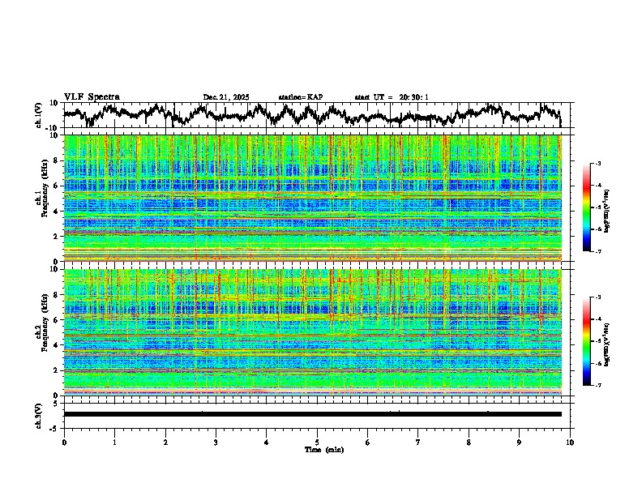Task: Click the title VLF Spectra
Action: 92,96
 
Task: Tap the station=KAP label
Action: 300,97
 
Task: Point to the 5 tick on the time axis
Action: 317,442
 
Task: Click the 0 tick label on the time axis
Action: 64,442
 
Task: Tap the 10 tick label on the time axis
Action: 570,442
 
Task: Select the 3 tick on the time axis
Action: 216,442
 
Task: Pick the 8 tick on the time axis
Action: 469,442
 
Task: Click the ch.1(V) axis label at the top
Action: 39,115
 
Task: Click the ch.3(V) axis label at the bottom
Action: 39,414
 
